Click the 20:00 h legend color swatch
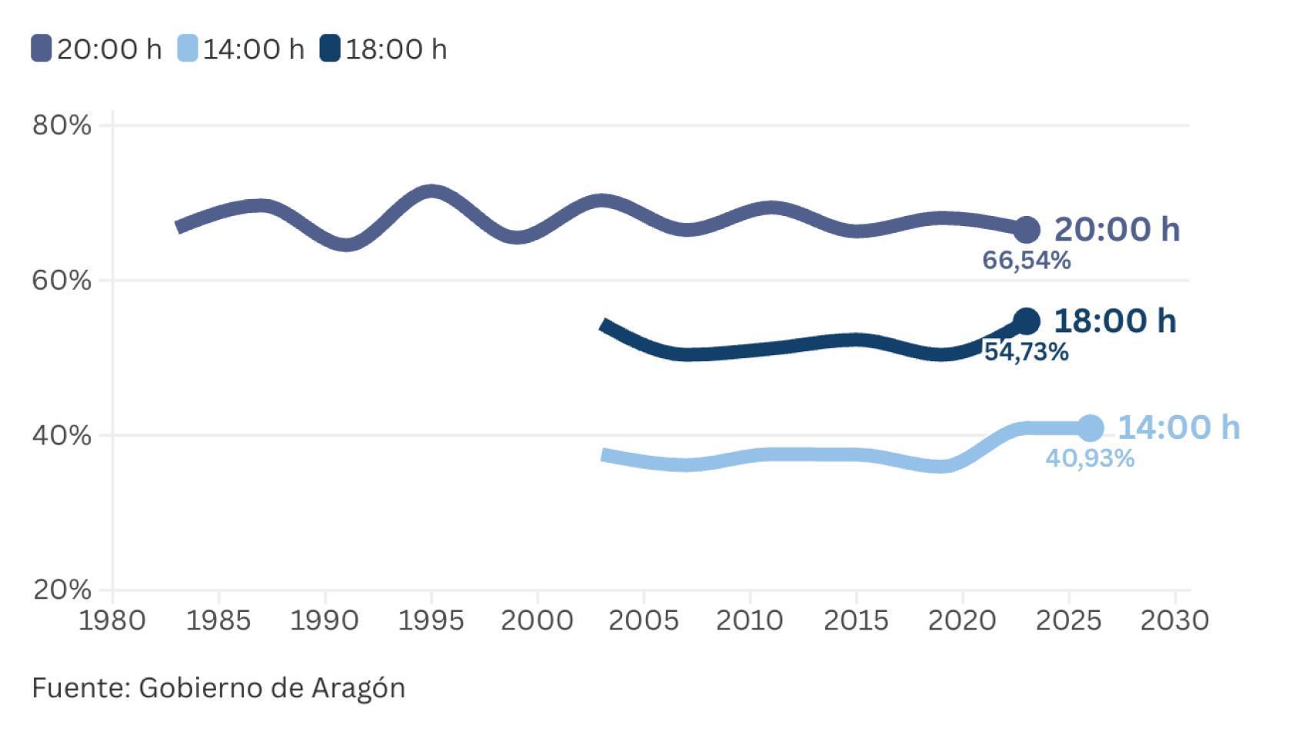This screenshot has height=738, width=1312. pos(41,48)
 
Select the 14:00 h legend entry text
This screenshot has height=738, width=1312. pos(253,49)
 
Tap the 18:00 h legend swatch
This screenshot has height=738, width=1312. pos(330,48)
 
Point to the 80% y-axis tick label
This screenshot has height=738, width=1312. pos(62,125)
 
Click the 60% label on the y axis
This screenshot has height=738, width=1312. pos(62,280)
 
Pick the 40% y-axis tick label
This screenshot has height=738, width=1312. pos(62,435)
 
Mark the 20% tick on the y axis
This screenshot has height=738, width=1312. pos(62,590)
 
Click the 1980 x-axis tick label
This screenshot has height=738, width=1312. pos(112,620)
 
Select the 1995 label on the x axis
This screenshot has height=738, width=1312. pos(431,620)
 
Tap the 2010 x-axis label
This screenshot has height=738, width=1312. pos(749,620)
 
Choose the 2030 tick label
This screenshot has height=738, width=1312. pos(1174,620)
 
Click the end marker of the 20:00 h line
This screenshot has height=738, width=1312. pos(1026,229)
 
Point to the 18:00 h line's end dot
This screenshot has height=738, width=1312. pos(1026,321)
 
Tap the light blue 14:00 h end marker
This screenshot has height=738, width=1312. pos(1090,428)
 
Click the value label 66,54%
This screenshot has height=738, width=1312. pos(1026,261)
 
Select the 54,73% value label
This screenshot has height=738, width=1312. pos(1026,352)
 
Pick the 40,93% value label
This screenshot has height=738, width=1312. pos(1090,459)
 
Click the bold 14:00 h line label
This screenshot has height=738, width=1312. pos(1178,427)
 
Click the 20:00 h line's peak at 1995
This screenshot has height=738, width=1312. pos(431,191)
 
